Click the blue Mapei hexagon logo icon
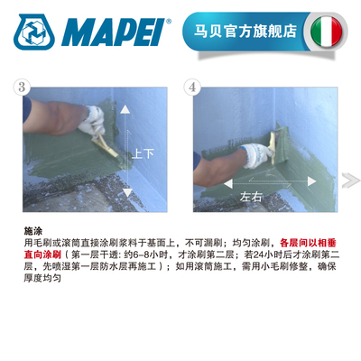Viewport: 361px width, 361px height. [35, 32]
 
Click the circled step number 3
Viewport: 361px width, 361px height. [21, 87]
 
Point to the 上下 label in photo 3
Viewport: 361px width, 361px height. [143, 153]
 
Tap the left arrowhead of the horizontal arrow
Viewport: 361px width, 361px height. [213, 182]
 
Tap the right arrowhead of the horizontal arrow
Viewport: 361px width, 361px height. [290, 182]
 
